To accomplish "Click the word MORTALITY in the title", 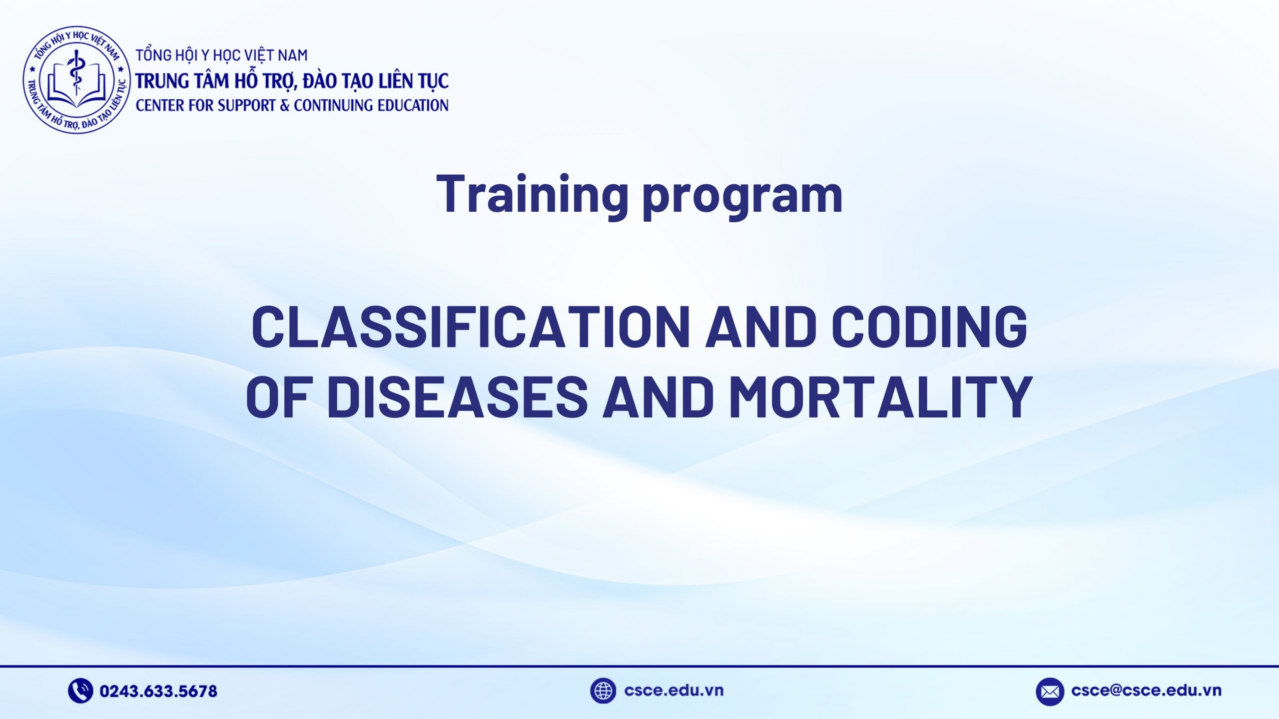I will point(880,396).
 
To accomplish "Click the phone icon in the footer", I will point(80,691).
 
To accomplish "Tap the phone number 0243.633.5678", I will point(158,691).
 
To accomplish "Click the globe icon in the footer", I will point(603,691).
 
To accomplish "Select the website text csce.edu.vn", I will point(673,691).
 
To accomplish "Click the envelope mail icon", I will point(1049,692).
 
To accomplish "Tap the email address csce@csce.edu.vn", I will point(1146,691).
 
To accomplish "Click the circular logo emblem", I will point(76,80).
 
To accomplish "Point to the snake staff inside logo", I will point(76,75).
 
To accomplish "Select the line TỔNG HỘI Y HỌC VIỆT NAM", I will point(221,55).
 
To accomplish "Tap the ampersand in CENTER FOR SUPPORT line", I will point(285,105).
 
